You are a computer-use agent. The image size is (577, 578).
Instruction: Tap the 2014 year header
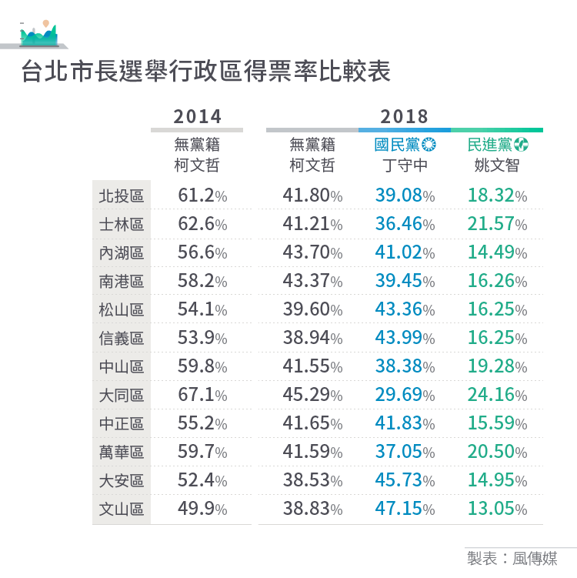(197, 116)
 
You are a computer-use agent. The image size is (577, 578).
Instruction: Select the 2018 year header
(404, 116)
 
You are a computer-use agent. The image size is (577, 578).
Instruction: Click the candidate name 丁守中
(405, 165)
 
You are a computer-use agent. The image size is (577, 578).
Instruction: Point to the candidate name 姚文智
(497, 165)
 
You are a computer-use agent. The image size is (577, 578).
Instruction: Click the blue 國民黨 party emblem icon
(429, 145)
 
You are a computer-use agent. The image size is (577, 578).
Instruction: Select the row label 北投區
(122, 196)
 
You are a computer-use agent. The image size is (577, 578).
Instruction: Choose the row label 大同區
(122, 396)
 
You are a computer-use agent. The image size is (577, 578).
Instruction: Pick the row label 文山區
(122, 510)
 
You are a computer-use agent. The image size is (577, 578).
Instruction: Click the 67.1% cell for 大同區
(202, 396)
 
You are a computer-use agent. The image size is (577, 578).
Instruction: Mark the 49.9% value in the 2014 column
(202, 510)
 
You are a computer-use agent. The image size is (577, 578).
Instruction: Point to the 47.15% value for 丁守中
(405, 510)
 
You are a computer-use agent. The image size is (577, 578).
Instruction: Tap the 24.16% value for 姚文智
(497, 396)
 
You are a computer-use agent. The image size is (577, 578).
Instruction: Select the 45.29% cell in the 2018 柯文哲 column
(312, 396)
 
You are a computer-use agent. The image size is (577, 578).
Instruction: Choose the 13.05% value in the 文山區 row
(497, 510)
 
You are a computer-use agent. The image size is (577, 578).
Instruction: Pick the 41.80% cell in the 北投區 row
(312, 196)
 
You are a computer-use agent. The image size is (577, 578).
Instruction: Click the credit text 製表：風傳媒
(511, 558)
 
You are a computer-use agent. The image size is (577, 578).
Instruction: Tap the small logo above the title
(38, 32)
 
